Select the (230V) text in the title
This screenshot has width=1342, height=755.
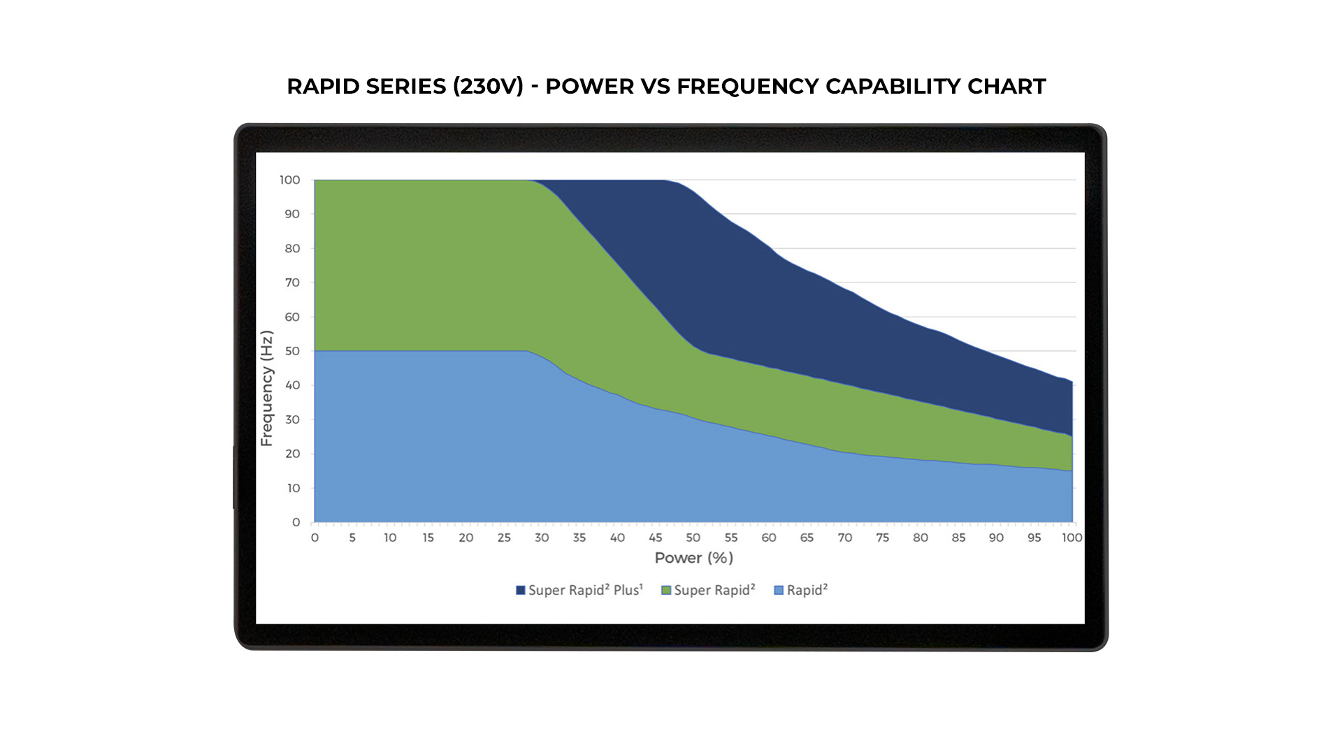(x=488, y=86)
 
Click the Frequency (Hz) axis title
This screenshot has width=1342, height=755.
(x=266, y=388)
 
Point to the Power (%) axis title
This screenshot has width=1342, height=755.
(x=693, y=558)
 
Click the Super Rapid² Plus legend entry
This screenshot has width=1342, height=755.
(x=579, y=590)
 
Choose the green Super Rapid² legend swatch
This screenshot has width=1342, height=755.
(x=666, y=591)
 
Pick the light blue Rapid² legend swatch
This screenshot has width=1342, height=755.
(x=779, y=591)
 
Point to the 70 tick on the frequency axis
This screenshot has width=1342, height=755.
(x=292, y=282)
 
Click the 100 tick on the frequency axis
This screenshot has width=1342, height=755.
(x=289, y=180)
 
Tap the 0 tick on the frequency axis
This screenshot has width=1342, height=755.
(x=296, y=522)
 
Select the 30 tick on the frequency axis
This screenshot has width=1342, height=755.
(x=292, y=419)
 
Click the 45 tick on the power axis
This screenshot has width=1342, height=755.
(x=655, y=538)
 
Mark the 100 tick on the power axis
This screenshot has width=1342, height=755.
(x=1072, y=538)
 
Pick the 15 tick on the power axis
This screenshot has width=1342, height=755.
(x=428, y=538)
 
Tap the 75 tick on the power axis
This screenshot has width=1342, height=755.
(x=882, y=538)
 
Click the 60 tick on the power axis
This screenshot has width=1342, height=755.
(x=769, y=538)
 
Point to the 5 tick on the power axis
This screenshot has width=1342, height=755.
(x=352, y=538)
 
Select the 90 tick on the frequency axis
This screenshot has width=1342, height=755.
(x=292, y=214)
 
